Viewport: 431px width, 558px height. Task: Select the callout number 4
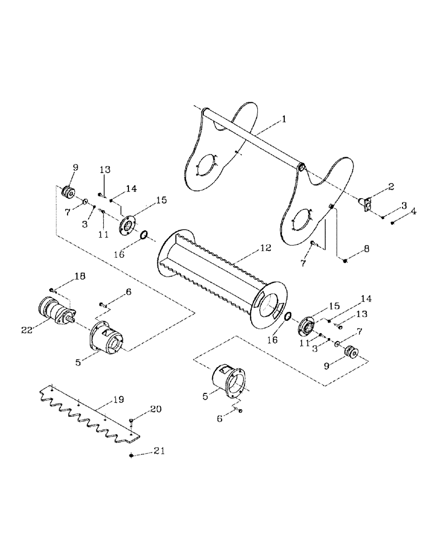[x=413, y=211]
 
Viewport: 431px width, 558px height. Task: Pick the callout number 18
[x=80, y=276]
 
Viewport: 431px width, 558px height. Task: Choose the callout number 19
[x=118, y=400]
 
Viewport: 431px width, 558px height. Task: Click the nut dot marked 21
[x=131, y=455]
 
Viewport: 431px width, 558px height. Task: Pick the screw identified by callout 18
[x=51, y=290]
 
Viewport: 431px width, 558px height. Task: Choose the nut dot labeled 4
[x=393, y=223]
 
